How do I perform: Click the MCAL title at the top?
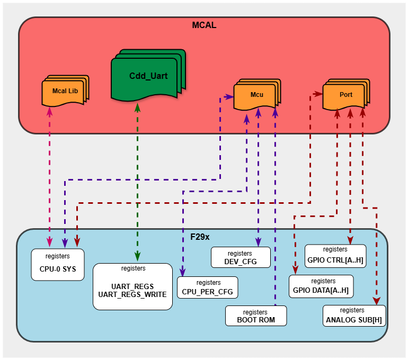click(204, 25)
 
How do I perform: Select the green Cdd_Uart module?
click(147, 76)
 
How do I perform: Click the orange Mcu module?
click(256, 95)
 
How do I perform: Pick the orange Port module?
click(345, 94)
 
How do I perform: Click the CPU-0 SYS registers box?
click(58, 264)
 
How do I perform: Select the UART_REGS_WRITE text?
click(132, 294)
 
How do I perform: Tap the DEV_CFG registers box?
click(241, 257)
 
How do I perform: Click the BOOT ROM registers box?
click(256, 316)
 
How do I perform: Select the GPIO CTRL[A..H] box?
click(335, 255)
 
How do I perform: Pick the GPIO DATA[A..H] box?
click(321, 286)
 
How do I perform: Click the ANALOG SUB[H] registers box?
click(353, 316)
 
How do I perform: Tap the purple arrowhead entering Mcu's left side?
click(230, 97)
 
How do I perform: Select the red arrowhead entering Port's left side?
click(319, 94)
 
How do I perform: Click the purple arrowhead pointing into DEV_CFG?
click(258, 243)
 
